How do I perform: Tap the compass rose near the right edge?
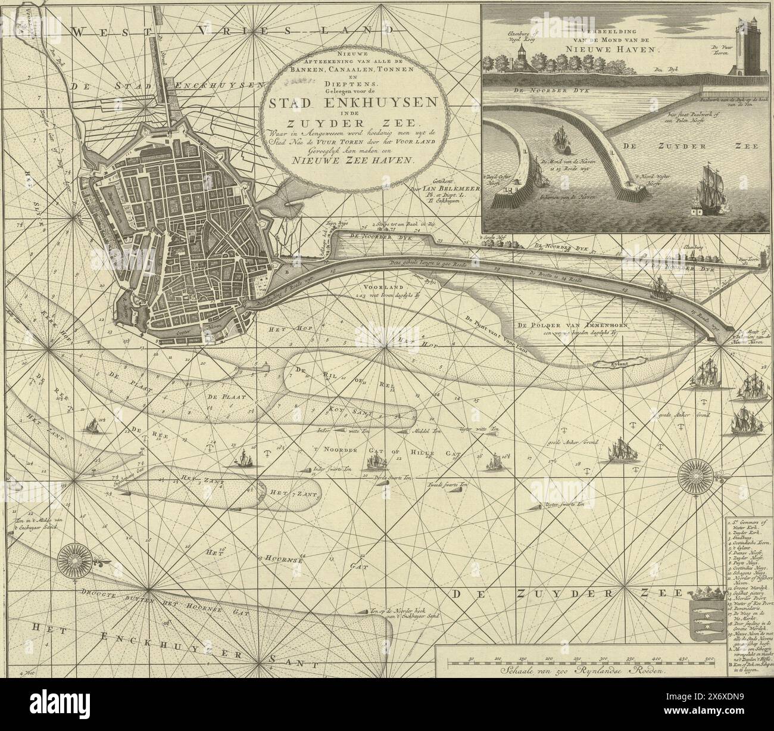[x=695, y=477]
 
